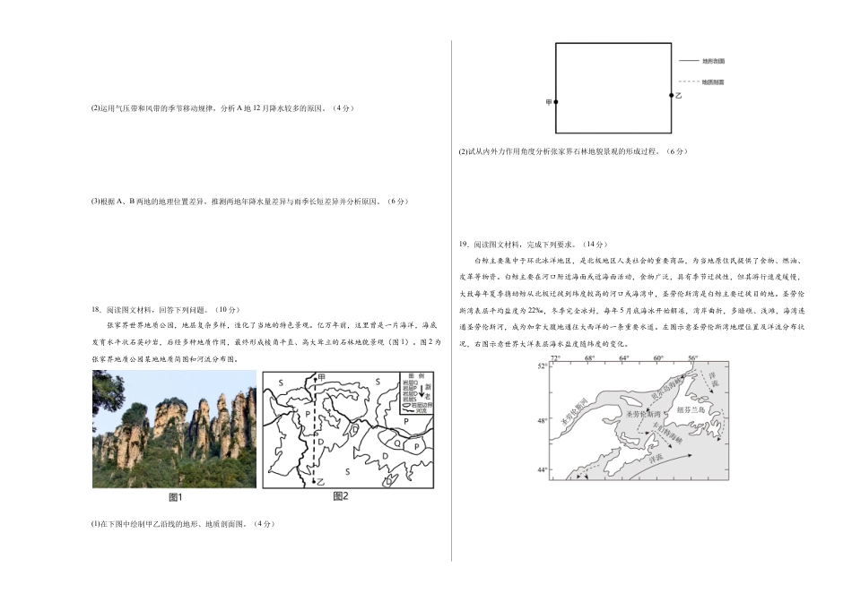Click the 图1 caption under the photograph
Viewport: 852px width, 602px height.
176,497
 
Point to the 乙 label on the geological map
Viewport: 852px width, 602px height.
319,482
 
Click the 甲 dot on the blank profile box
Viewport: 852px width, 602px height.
556,102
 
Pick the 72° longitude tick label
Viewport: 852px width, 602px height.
555,358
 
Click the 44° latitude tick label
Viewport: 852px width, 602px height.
542,470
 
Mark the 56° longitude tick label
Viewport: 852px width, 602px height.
692,358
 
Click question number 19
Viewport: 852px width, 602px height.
463,244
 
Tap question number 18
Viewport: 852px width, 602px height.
96,309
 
